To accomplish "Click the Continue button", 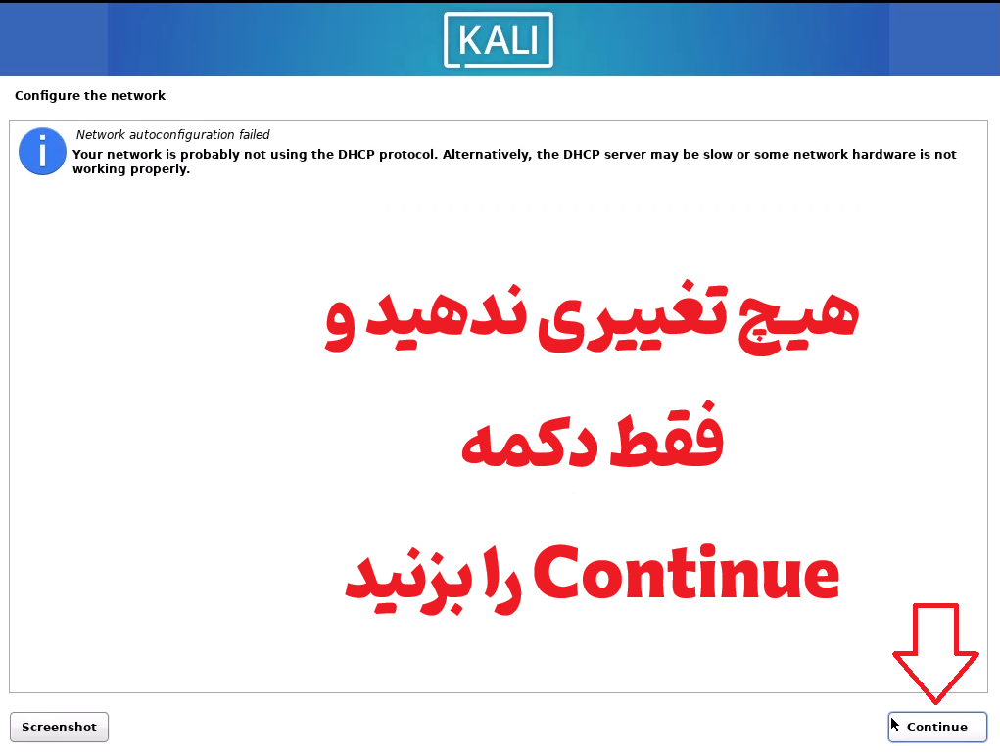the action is [x=937, y=727].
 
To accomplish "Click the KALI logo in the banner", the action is [x=499, y=39].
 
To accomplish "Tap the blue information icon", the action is [x=42, y=152].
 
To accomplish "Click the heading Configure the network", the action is [x=90, y=96].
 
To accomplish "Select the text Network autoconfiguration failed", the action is [x=172, y=134].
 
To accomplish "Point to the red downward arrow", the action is [x=935, y=653].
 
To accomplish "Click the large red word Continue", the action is [x=687, y=573].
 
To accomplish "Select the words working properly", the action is [x=131, y=169].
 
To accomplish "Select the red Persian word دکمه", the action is [x=529, y=443].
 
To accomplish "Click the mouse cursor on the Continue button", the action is [x=895, y=725].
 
